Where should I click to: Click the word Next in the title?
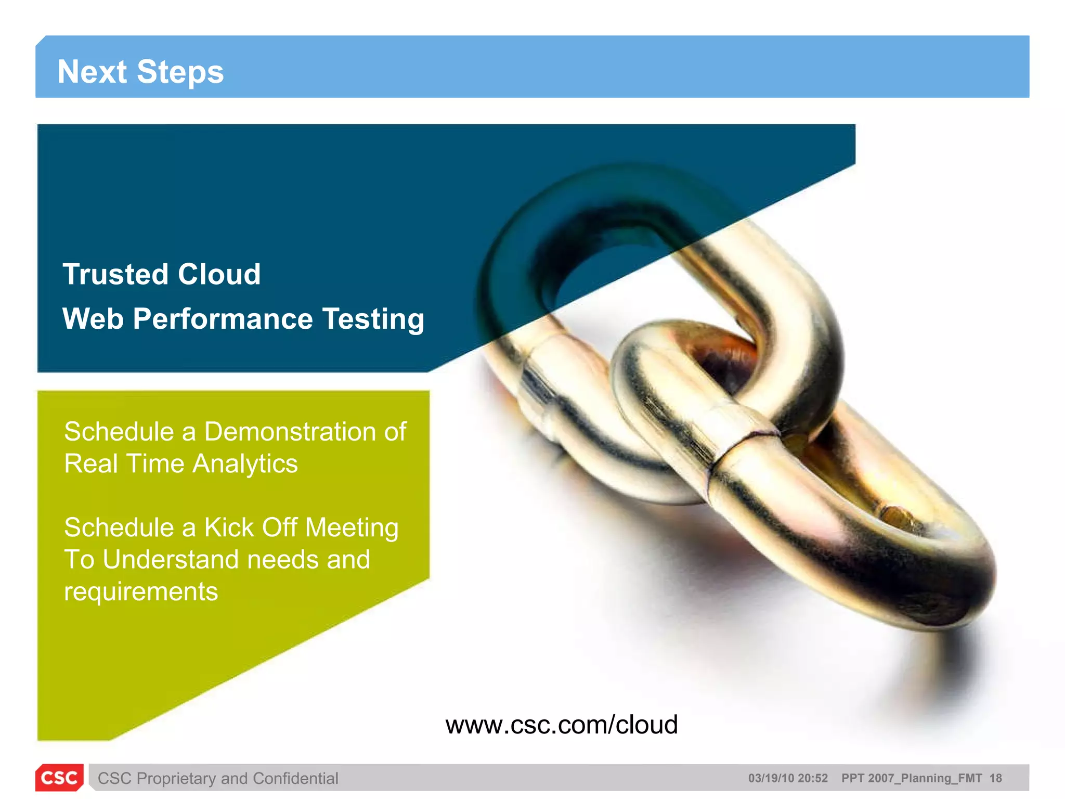click(92, 72)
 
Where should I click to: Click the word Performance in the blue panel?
click(223, 319)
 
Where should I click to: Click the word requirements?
click(141, 592)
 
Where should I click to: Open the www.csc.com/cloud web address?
click(562, 725)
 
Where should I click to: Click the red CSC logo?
click(59, 778)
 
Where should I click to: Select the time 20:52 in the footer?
click(813, 778)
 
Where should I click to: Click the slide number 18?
click(995, 778)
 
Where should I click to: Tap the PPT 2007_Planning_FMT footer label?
click(912, 778)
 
